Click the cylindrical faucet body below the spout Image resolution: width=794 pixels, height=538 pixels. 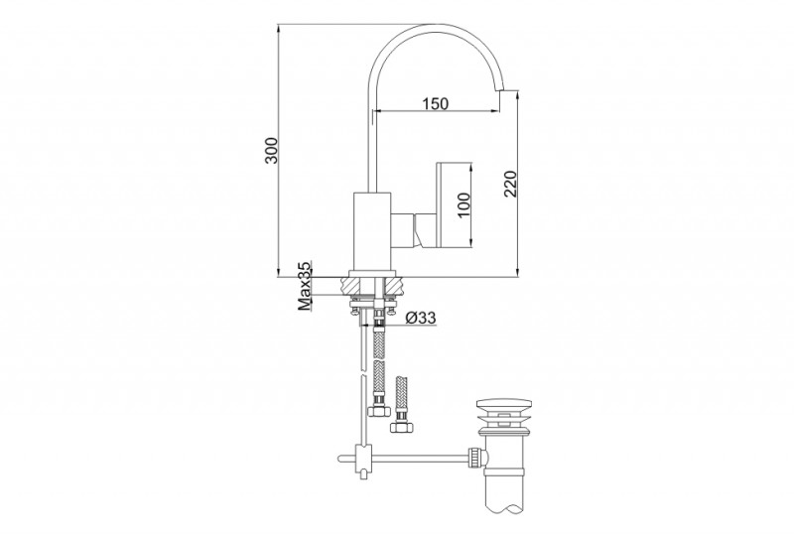point(373,230)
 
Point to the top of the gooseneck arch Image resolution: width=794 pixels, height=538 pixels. point(427,27)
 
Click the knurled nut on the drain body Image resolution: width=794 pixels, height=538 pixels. point(479,456)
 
